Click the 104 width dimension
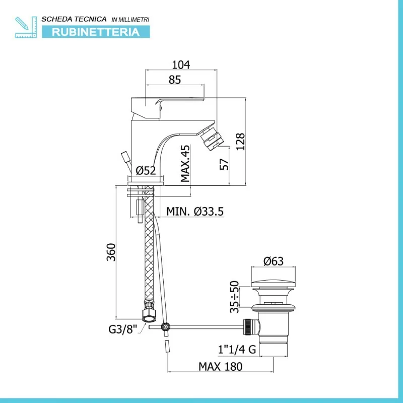[x=181, y=65]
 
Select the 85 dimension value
[x=175, y=80]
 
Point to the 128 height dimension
[x=240, y=142]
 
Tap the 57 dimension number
[x=224, y=164]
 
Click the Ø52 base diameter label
[x=146, y=170]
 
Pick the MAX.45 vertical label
[x=185, y=163]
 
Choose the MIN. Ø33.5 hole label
[x=195, y=212]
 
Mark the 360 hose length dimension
[x=111, y=252]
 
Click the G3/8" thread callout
[x=123, y=329]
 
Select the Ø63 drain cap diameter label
[x=274, y=261]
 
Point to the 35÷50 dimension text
[x=234, y=297]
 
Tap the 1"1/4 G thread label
[x=237, y=349]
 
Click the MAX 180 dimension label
[x=221, y=367]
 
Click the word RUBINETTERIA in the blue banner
[x=96, y=32]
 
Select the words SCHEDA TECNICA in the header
[x=74, y=19]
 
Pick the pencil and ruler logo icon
[x=26, y=27]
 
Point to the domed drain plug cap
[x=273, y=284]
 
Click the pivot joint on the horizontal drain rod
[x=166, y=326]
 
